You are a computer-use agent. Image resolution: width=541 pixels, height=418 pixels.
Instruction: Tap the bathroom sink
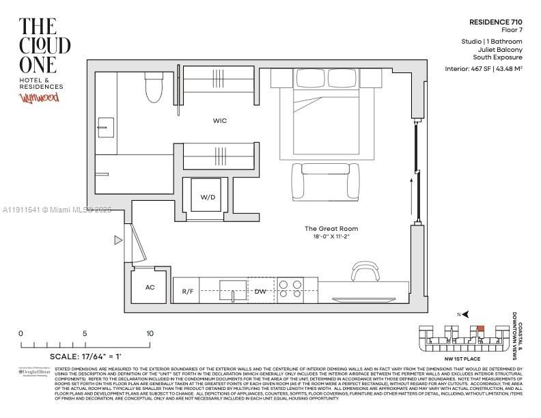click(x=106, y=126)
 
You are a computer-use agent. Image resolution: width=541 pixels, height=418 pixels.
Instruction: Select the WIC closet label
click(x=219, y=121)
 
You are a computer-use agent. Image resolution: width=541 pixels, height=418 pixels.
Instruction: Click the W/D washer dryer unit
click(x=208, y=197)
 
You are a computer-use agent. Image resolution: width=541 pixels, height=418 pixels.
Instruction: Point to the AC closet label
click(x=150, y=288)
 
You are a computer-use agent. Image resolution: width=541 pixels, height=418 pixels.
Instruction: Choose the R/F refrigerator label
click(x=188, y=292)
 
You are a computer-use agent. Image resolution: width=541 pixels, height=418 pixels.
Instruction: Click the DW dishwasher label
click(x=260, y=292)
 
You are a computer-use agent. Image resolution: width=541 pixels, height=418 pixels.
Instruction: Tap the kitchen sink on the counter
click(x=233, y=290)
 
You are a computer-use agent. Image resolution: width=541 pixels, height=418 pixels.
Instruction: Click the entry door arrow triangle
click(x=118, y=240)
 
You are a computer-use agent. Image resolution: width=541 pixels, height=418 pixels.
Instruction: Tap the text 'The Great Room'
click(x=331, y=229)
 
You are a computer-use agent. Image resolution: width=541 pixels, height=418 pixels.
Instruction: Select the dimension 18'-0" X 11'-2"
click(x=331, y=236)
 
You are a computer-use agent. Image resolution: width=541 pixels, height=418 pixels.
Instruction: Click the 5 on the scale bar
click(x=85, y=333)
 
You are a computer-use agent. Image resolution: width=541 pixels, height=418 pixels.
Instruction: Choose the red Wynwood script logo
click(x=38, y=98)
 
